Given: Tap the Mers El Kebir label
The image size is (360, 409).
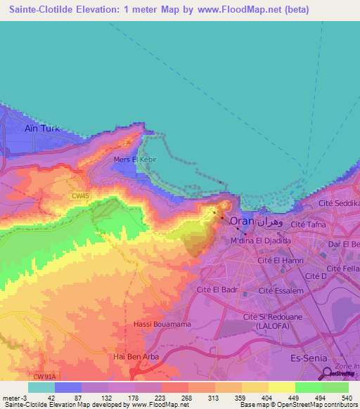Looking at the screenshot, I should coord(134,160).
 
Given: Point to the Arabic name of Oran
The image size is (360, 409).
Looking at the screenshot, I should coord(272,220).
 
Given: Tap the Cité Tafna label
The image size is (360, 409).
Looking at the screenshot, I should coord(308,223).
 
